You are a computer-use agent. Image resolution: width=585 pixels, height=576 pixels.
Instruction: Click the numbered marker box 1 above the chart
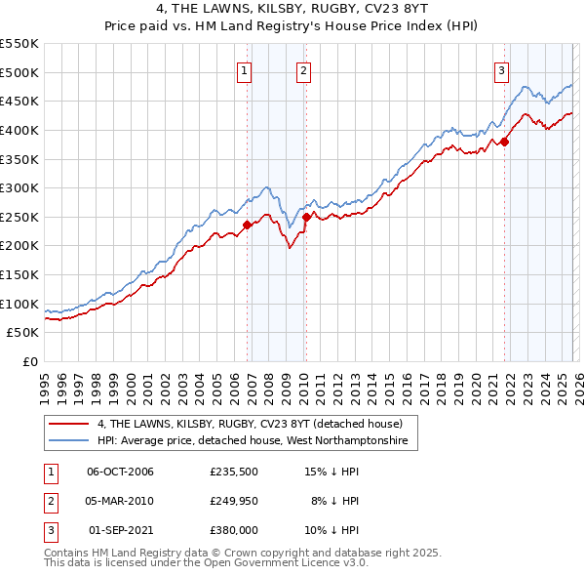(x=244, y=69)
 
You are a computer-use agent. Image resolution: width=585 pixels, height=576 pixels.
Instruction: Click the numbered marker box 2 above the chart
(x=303, y=69)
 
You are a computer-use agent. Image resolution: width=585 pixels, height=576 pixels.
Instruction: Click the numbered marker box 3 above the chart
(x=501, y=69)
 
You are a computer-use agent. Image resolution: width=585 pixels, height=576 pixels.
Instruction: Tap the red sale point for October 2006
(x=247, y=225)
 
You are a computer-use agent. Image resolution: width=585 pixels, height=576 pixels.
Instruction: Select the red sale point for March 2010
(x=306, y=217)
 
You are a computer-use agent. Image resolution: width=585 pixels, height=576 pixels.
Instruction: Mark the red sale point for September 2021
(x=505, y=142)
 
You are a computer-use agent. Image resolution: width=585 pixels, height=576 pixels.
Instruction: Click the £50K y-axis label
(x=23, y=333)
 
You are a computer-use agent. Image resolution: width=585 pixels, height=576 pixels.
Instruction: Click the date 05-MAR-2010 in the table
(x=121, y=501)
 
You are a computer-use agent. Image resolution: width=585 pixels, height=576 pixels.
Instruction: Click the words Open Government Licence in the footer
(x=275, y=563)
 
